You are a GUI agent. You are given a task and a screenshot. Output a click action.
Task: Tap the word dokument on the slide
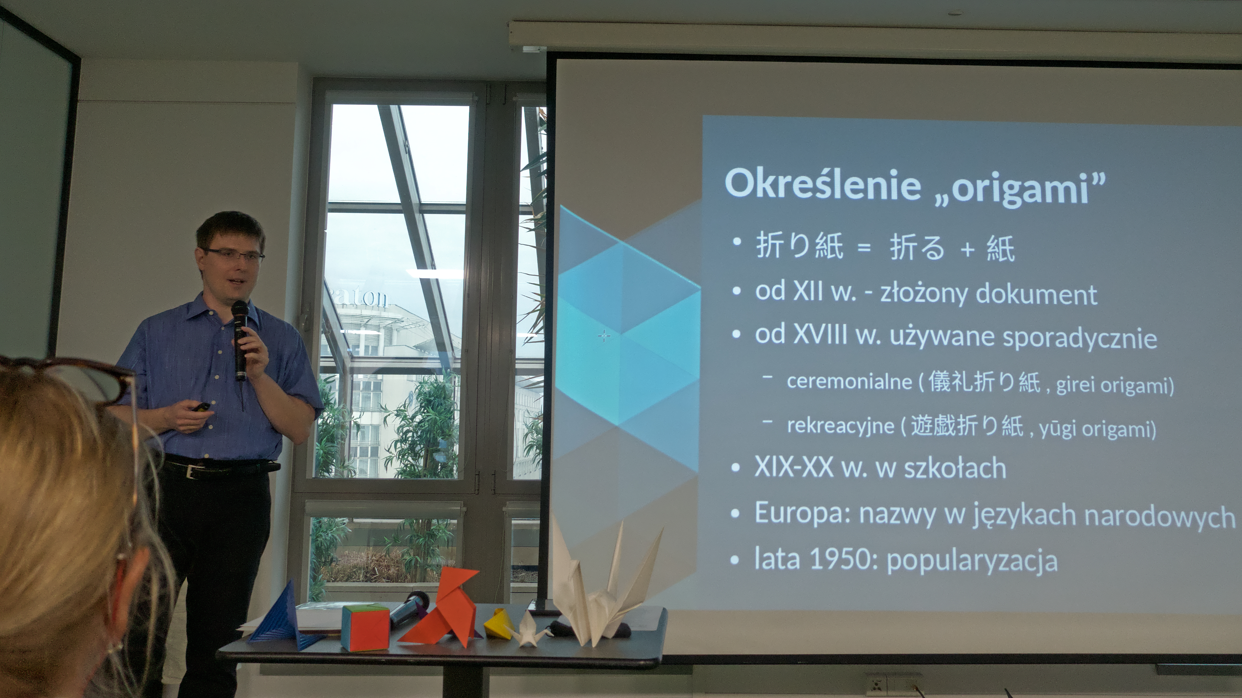click(x=1036, y=294)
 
